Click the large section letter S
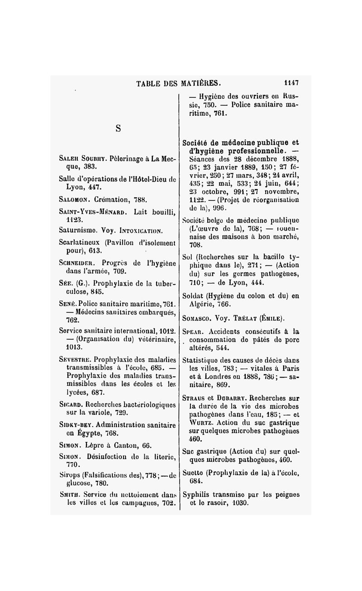(x=118, y=128)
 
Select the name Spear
(x=192, y=331)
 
